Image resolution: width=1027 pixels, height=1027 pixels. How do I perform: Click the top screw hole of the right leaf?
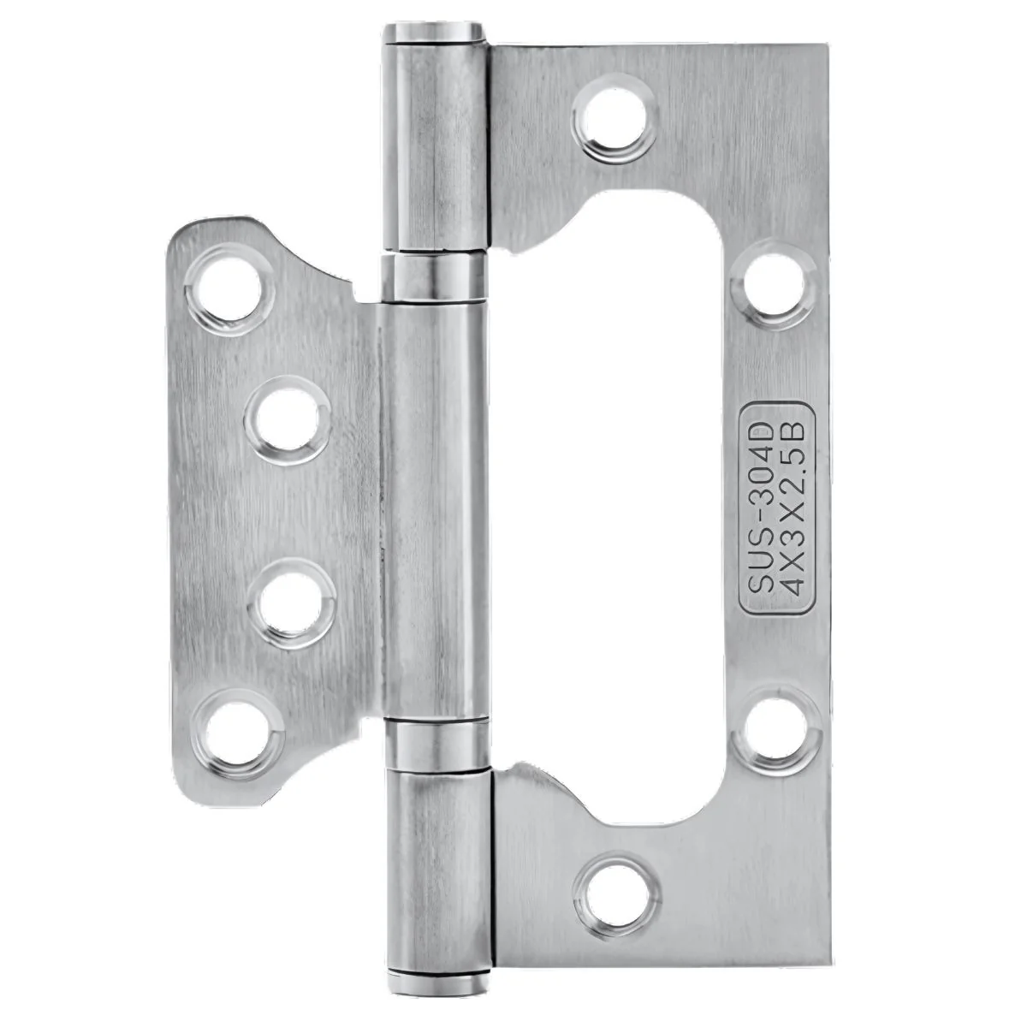[x=614, y=119]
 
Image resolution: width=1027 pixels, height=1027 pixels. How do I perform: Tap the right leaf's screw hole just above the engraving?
[x=775, y=284]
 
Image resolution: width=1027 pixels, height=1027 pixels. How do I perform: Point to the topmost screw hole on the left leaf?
[x=229, y=290]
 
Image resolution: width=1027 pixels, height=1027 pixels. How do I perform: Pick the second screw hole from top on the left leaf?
[x=288, y=420]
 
